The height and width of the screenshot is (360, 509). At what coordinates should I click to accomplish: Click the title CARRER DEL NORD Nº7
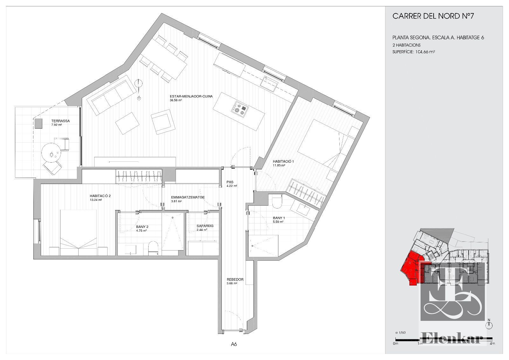433,16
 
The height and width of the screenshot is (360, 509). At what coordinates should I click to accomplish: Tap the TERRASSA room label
60,121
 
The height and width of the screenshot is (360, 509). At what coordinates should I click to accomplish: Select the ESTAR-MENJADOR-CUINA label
191,96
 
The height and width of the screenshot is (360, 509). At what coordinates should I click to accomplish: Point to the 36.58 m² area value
176,100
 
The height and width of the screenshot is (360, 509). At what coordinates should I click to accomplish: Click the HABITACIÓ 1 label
283,161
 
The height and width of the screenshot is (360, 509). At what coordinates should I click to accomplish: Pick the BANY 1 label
279,218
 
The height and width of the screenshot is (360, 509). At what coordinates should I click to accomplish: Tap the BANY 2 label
142,227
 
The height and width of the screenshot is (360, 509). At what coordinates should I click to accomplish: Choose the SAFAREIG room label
205,226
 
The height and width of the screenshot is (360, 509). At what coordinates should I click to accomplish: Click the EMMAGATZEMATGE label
188,197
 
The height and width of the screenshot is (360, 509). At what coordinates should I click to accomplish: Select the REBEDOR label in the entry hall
235,279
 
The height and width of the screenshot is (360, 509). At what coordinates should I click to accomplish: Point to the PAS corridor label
230,182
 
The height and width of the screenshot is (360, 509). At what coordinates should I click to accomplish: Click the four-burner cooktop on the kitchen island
240,110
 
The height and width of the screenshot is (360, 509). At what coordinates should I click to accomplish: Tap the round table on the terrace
51,152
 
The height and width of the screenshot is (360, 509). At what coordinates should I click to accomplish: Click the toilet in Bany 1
277,203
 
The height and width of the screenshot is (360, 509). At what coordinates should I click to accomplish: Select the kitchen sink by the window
270,83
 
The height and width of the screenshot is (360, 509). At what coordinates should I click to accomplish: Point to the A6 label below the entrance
234,344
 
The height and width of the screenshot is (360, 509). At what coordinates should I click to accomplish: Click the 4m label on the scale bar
492,344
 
